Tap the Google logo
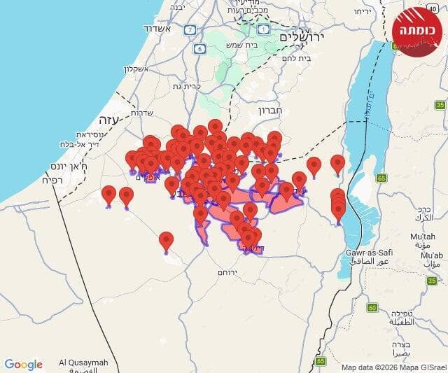coord(24,365)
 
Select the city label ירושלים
coord(303,36)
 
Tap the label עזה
coord(111,118)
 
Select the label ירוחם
coord(228,271)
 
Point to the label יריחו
coord(361,12)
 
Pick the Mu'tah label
coord(423,237)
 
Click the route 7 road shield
coord(190,30)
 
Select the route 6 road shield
coord(200,48)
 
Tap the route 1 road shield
coord(263,29)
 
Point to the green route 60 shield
coord(373,308)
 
